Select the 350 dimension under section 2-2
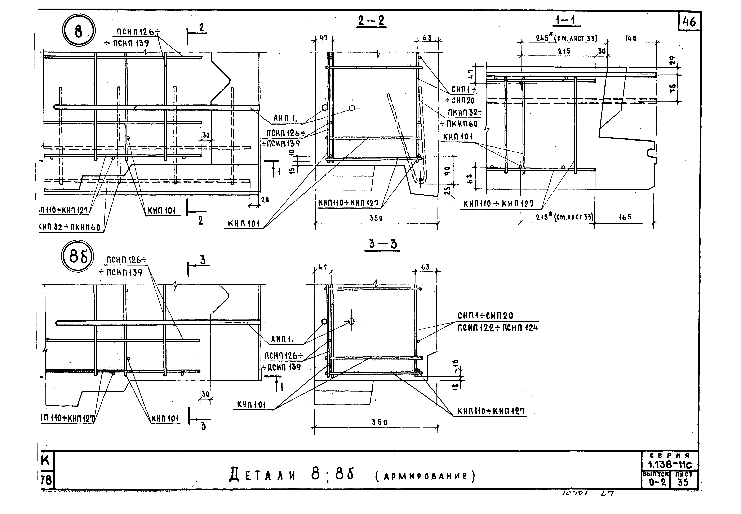pos(376,218)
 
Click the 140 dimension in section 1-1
pos(631,38)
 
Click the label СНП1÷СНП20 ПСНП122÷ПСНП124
pos(498,321)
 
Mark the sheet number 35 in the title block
pos(683,482)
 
